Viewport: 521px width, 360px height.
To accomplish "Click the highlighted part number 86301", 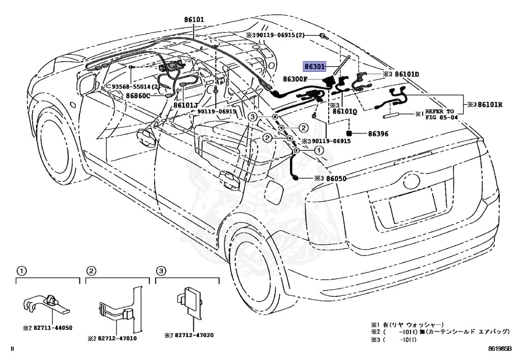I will (314, 66).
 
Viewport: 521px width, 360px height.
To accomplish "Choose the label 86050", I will (336, 178).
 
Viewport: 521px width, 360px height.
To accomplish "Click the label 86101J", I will (186, 105).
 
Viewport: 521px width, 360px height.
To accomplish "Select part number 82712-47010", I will (119, 338).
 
